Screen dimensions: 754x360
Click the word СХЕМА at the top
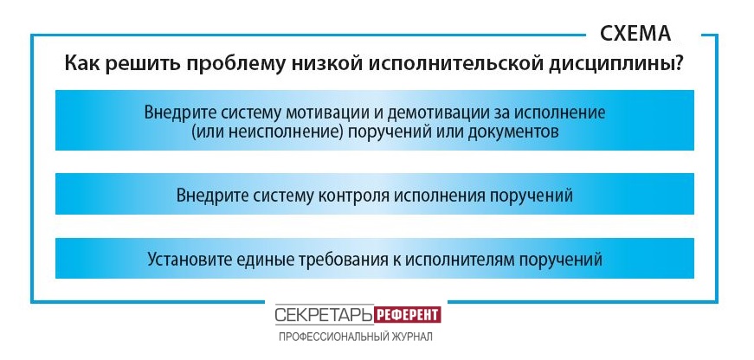click(635, 33)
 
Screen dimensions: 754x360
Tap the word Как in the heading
click(81, 64)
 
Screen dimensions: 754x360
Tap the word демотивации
click(428, 113)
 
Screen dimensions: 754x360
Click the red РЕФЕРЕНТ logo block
click(407, 315)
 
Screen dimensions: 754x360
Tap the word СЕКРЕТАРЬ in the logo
click(324, 315)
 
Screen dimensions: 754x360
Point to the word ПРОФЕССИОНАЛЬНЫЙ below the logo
click(332, 337)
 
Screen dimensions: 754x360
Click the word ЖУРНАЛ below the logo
click(410, 337)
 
